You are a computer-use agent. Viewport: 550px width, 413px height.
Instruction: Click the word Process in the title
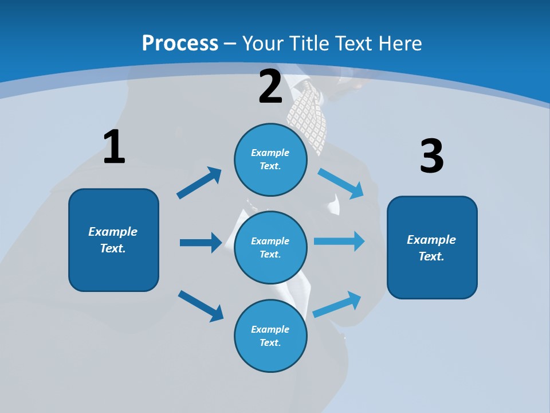pyautogui.click(x=180, y=43)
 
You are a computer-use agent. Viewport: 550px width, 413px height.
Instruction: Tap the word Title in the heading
pyautogui.click(x=308, y=43)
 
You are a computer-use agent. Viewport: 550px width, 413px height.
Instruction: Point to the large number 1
pyautogui.click(x=114, y=147)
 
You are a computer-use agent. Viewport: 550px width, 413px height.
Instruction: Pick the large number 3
pyautogui.click(x=431, y=157)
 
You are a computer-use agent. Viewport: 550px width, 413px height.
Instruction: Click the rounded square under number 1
pyautogui.click(x=113, y=240)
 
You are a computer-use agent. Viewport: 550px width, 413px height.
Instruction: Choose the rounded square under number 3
pyautogui.click(x=432, y=247)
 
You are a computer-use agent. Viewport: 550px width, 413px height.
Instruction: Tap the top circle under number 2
pyautogui.click(x=270, y=159)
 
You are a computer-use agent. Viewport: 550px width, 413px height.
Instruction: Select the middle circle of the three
pyautogui.click(x=270, y=247)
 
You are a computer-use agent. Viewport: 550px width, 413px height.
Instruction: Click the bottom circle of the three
pyautogui.click(x=270, y=336)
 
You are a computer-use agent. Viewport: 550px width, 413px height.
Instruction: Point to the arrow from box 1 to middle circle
pyautogui.click(x=201, y=243)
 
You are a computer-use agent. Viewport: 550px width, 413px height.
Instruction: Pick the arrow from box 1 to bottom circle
pyautogui.click(x=201, y=306)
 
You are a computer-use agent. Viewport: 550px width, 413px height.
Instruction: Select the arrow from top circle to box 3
pyautogui.click(x=341, y=183)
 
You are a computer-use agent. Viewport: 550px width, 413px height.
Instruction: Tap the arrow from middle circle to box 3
pyautogui.click(x=339, y=241)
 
